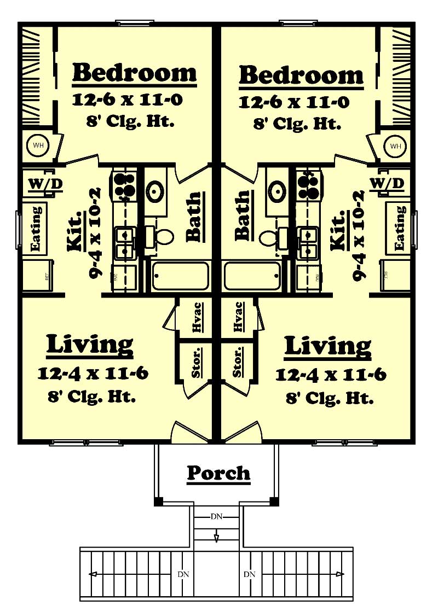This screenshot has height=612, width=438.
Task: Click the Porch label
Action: (218, 473)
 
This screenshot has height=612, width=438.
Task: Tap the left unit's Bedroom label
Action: (134, 73)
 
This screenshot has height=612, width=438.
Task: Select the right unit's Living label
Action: (328, 346)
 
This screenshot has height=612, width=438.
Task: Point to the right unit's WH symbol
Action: (395, 146)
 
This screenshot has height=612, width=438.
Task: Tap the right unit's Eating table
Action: (400, 228)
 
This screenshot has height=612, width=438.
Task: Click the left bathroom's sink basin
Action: (155, 192)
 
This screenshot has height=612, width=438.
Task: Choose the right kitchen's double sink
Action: (308, 243)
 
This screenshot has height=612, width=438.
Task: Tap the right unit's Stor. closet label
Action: (238, 362)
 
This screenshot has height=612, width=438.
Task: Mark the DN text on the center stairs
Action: (216, 516)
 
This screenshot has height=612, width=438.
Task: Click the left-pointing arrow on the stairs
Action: (94, 574)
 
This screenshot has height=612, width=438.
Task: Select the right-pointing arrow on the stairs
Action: (341, 574)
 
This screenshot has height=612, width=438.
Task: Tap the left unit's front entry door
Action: (188, 432)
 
